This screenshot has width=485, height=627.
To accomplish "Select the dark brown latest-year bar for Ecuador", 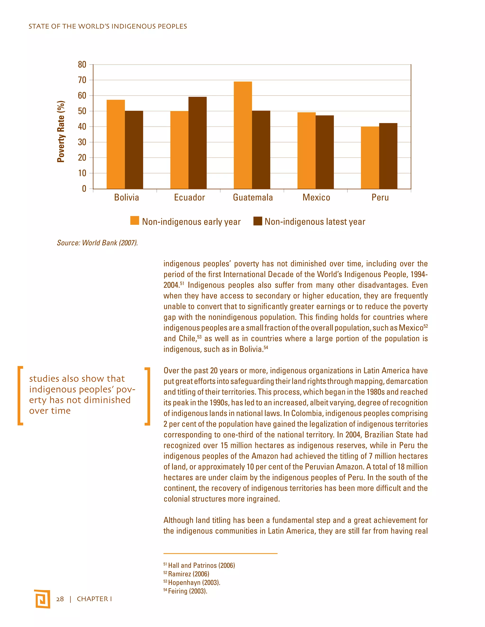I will (x=198, y=143).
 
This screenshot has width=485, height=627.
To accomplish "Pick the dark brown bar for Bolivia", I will (x=134, y=150).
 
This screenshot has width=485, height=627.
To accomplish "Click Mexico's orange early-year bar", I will (x=306, y=150).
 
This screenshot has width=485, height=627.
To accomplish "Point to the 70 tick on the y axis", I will (x=82, y=80).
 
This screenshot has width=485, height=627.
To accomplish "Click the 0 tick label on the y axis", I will (x=84, y=189).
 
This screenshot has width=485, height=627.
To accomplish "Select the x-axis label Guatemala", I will (x=253, y=198).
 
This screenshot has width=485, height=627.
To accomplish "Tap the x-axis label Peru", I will (x=380, y=198).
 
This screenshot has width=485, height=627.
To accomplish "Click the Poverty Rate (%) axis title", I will (x=61, y=132).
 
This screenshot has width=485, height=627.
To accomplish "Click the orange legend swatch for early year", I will (x=135, y=221).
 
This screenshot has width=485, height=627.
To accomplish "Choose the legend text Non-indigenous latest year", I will (x=315, y=222).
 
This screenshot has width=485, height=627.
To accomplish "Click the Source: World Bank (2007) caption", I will (x=97, y=243).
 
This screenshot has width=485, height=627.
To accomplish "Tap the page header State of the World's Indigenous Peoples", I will (x=108, y=26).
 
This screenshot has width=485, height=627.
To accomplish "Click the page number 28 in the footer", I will (x=60, y=599).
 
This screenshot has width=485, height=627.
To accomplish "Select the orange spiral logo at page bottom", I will (x=42, y=599).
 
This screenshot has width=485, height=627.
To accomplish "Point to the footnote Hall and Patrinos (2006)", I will (x=201, y=565).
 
